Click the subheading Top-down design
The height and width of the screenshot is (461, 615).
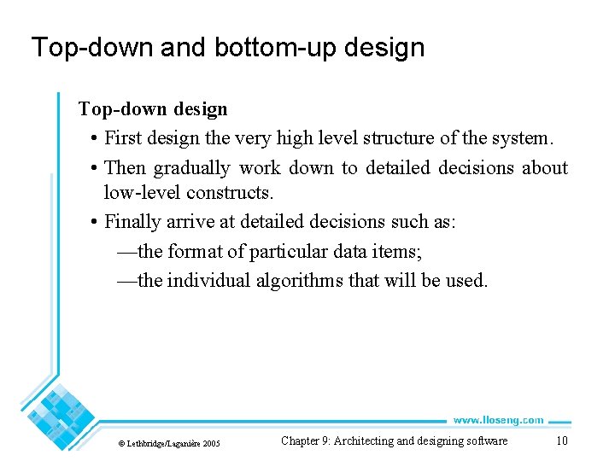153,109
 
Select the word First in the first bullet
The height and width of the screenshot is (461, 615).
122,138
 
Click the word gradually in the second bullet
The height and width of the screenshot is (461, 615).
191,168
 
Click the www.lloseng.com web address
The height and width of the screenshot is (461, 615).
498,420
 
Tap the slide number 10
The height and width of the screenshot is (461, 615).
561,441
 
